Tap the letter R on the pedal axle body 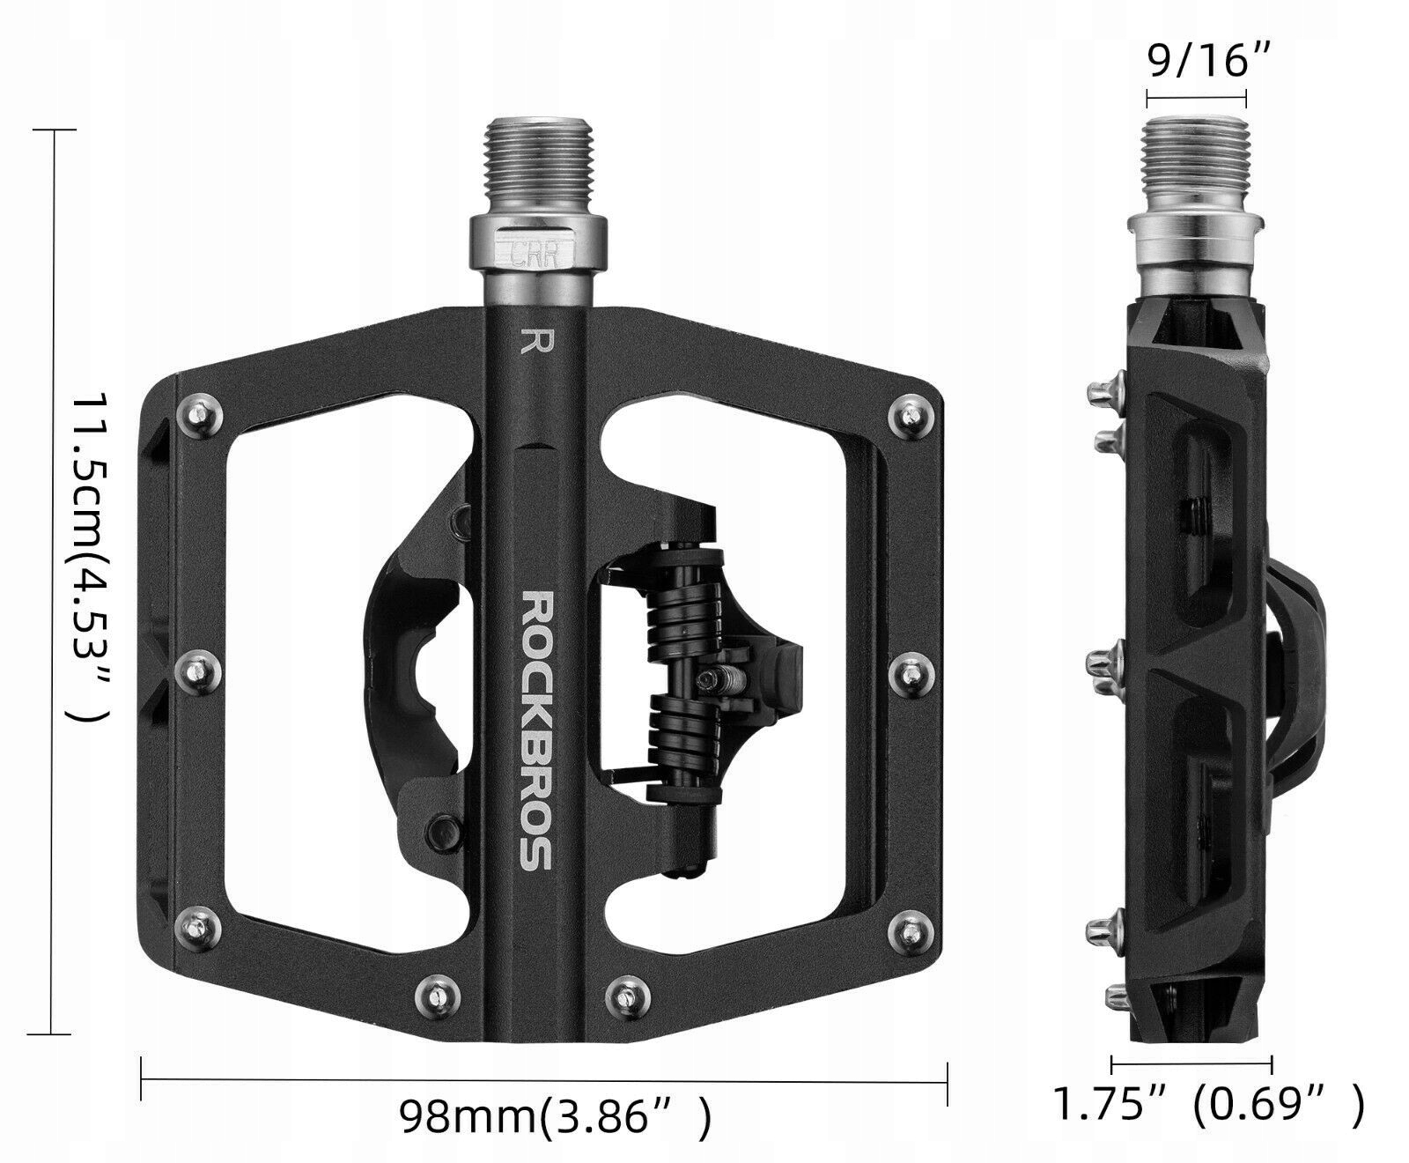tap(531, 340)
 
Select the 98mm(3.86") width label tap(554, 1117)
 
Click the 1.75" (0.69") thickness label tap(1209, 1103)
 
